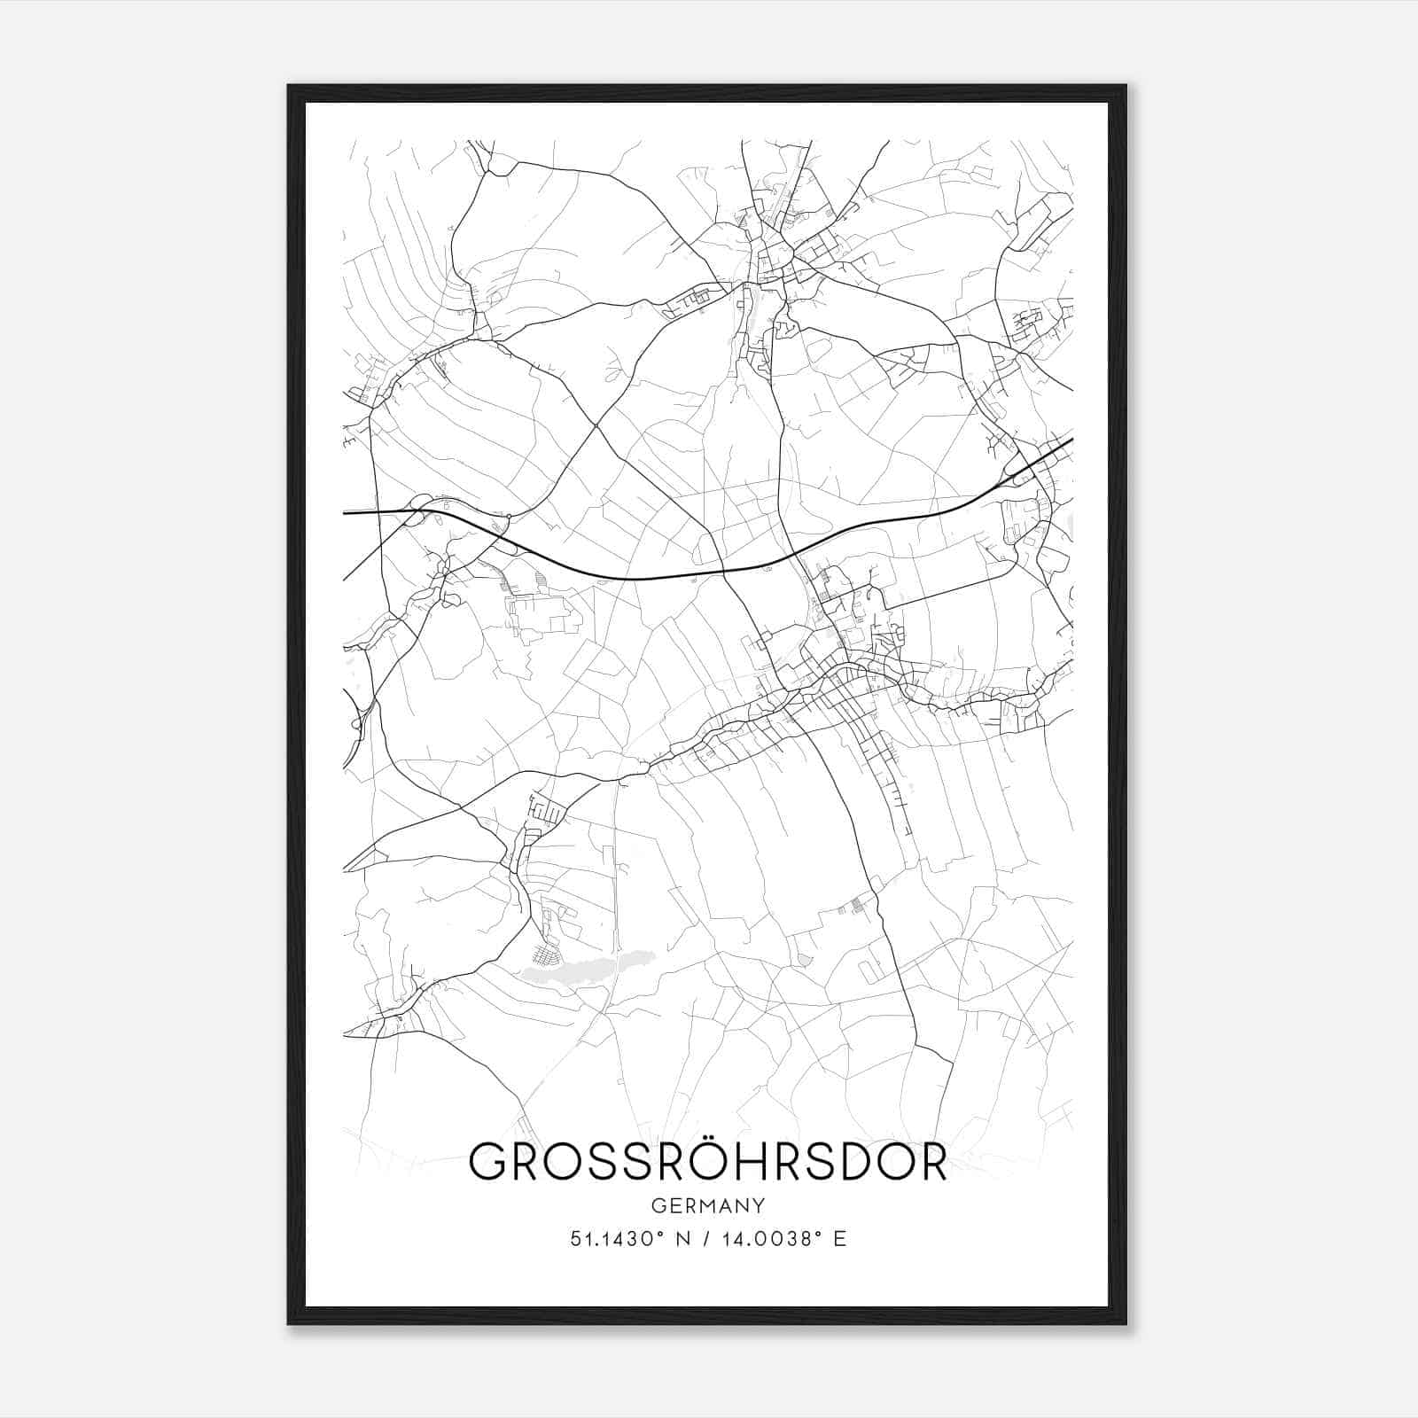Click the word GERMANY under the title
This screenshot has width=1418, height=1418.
708,1205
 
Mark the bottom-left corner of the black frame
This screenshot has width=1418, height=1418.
289,1323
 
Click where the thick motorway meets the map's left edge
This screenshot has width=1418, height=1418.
345,512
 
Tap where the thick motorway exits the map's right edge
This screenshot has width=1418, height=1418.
1071,439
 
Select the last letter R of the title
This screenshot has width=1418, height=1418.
930,1163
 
